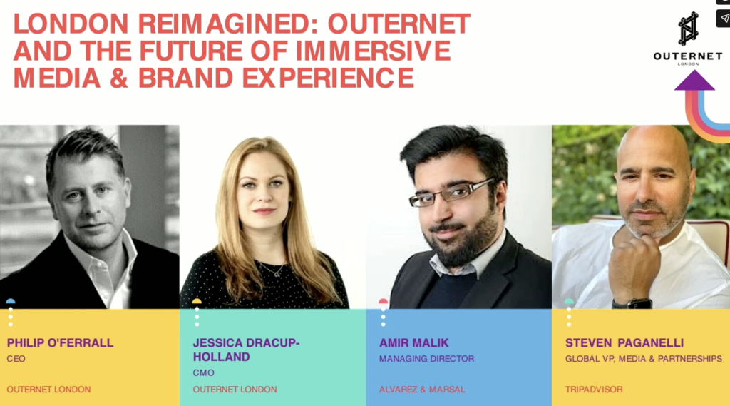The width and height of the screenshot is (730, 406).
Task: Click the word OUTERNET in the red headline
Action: point(399,24)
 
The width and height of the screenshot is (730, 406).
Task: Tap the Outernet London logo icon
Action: point(688,29)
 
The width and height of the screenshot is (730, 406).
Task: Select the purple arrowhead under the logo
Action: point(694,81)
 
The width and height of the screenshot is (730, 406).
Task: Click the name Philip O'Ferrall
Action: point(60,343)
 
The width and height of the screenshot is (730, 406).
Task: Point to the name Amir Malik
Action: point(414,343)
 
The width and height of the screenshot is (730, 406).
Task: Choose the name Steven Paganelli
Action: point(624,343)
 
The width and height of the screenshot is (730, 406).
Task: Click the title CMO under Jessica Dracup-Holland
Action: point(203,373)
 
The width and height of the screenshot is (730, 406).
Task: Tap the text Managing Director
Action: point(426,359)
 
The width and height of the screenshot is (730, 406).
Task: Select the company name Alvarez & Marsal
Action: point(422,389)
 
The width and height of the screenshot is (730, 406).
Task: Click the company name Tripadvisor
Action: point(594,389)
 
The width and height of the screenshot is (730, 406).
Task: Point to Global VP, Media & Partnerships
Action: point(644,359)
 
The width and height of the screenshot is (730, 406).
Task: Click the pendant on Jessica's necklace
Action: point(277,273)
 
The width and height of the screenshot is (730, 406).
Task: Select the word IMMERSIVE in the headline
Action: point(373,51)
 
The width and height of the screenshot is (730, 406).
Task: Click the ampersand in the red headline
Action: point(119,78)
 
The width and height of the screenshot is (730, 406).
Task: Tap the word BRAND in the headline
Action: point(185,78)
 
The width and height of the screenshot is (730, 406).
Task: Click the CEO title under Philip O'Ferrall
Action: point(16,359)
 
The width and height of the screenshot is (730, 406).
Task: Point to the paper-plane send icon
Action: point(724,19)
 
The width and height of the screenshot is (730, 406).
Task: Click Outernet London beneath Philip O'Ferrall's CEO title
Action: point(48,389)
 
